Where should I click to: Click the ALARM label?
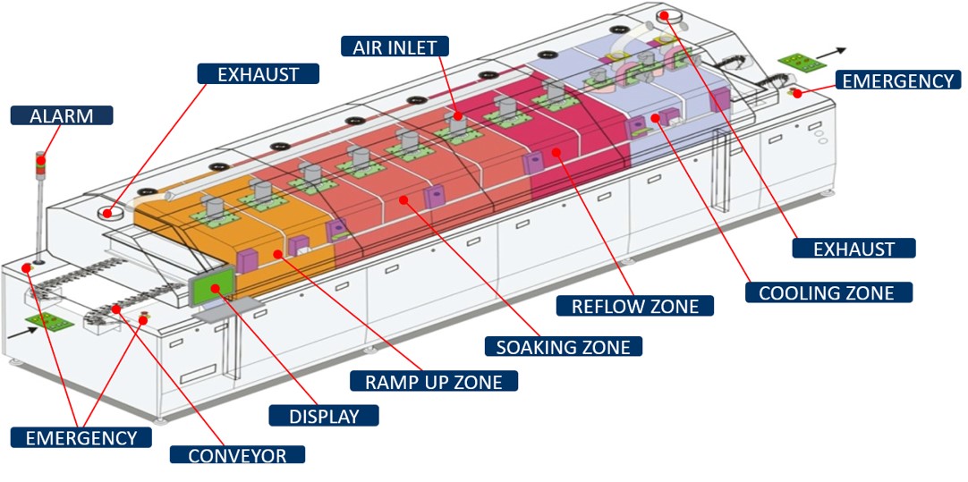(63, 115)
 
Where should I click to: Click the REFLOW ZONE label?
(634, 305)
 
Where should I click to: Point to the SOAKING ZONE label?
(563, 346)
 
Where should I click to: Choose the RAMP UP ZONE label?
(434, 381)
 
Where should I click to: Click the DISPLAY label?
(324, 416)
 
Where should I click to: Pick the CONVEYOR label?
(237, 455)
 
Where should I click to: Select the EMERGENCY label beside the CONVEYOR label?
(81, 437)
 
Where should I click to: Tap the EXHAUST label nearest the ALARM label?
(259, 74)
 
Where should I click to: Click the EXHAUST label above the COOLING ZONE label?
(853, 249)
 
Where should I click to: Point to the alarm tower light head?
(39, 162)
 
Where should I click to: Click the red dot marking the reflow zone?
(556, 153)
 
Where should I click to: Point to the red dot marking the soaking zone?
(404, 199)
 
